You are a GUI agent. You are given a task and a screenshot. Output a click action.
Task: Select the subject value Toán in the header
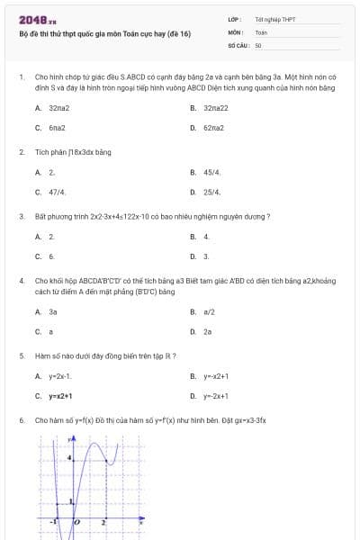click(x=261, y=31)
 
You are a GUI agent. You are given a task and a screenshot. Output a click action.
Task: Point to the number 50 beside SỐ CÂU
click(x=258, y=44)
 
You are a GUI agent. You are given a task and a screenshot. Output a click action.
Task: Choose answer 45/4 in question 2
click(x=211, y=171)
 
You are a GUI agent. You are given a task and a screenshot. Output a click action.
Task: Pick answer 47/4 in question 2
click(x=57, y=192)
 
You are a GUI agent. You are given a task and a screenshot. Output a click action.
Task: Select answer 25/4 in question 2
click(x=211, y=192)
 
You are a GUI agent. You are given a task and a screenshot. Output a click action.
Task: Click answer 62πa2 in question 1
click(x=213, y=128)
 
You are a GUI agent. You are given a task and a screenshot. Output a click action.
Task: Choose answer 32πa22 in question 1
click(x=215, y=107)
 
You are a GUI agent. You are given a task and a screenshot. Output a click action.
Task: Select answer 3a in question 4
click(x=53, y=311)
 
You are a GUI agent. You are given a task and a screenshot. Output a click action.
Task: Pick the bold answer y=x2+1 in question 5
click(x=60, y=396)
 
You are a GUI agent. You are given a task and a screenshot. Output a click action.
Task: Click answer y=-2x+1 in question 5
click(x=216, y=396)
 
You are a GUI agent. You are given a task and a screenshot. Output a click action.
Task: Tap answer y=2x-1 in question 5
click(x=60, y=375)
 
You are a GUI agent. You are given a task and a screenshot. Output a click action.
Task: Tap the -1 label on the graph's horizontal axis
click(x=54, y=521)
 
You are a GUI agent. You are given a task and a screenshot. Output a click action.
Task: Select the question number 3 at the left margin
click(x=21, y=217)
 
